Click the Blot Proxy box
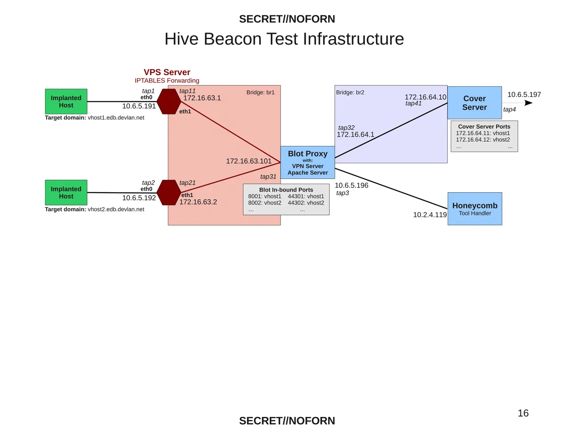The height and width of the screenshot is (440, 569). [308, 162]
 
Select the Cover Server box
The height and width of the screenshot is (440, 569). [474, 103]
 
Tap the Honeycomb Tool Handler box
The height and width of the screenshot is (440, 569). [475, 209]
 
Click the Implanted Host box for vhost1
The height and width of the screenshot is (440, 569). [66, 101]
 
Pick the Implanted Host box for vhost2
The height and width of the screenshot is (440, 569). [66, 193]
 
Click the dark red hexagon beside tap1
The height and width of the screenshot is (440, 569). [169, 101]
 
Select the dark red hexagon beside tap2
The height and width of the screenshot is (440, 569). [169, 193]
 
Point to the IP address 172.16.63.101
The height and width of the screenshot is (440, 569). [248, 161]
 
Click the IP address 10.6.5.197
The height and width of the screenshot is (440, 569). [524, 95]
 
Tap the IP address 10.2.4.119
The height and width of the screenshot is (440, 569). [430, 215]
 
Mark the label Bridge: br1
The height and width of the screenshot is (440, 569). [260, 93]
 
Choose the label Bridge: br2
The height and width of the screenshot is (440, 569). [350, 93]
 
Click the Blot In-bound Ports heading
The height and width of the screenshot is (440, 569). [286, 190]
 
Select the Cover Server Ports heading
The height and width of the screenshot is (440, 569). [484, 127]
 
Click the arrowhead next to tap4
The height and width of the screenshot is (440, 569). [529, 103]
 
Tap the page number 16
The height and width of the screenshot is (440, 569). [523, 413]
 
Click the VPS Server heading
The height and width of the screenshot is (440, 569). [167, 73]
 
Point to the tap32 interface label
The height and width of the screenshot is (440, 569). [346, 128]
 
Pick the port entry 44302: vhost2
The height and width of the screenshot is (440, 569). [306, 203]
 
